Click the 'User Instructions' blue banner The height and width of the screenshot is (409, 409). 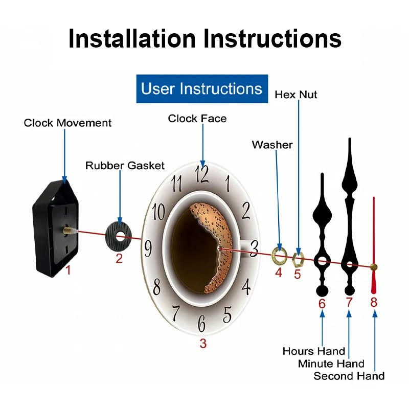[202, 89]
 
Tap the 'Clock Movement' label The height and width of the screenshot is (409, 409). [67, 123]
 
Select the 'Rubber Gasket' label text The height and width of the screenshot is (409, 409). [125, 165]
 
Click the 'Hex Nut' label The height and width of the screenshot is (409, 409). [296, 95]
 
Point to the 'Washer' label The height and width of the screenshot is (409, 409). [272, 145]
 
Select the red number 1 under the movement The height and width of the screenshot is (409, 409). [68, 269]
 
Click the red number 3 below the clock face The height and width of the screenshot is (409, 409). [203, 344]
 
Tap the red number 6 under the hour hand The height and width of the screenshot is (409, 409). [322, 304]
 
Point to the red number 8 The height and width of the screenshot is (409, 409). [374, 302]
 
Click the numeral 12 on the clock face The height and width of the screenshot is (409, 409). [202, 174]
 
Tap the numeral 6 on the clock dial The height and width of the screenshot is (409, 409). [202, 323]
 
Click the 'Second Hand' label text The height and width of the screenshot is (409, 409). [349, 376]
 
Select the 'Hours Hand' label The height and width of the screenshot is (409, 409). [313, 351]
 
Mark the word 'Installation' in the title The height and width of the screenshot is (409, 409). [131, 38]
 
